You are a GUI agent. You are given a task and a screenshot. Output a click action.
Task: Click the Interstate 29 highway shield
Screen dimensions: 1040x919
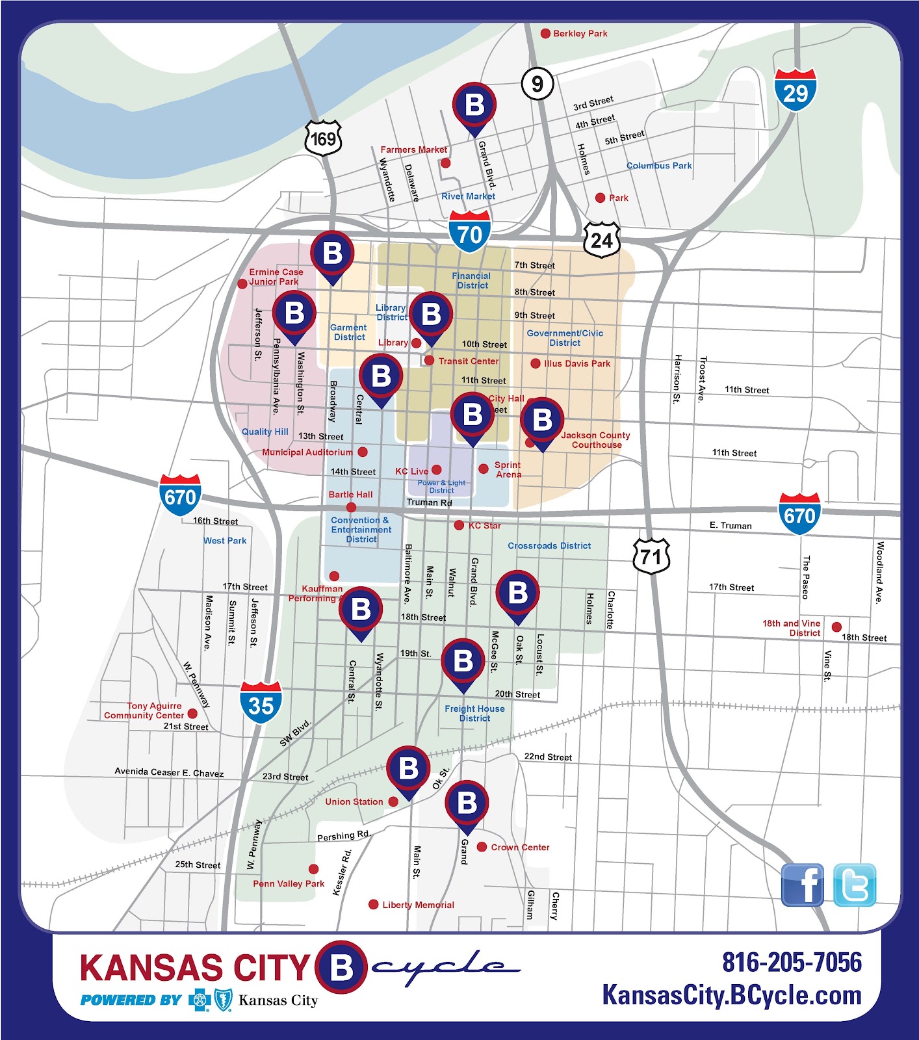point(795,90)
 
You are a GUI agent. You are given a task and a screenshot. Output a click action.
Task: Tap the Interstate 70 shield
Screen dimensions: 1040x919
point(469,232)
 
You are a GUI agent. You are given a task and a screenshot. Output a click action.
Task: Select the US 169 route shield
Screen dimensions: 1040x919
point(323,138)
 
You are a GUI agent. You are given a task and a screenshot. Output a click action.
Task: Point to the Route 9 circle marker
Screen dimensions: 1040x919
point(537,83)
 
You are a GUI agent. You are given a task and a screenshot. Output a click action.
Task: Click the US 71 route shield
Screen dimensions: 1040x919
point(651,556)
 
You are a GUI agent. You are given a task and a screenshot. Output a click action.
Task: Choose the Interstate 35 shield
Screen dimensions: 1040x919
point(261,704)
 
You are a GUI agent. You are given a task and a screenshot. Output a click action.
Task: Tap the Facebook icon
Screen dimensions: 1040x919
point(802,885)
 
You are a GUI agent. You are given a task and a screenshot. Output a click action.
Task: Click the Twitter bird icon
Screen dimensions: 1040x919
point(855,885)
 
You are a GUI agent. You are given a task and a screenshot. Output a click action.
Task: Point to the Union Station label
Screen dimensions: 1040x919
point(354,801)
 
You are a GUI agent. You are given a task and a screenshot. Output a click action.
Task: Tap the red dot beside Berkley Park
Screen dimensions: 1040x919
point(546,33)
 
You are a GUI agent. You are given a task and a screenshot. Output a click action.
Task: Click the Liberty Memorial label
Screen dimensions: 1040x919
point(418,905)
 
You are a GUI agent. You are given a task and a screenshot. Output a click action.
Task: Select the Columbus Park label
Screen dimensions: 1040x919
point(659,166)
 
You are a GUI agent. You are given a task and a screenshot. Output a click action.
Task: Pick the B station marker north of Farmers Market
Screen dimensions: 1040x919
point(475,106)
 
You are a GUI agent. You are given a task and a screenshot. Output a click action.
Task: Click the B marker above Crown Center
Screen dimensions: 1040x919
point(467,803)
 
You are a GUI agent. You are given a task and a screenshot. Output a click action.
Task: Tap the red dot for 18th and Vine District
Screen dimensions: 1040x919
point(836,627)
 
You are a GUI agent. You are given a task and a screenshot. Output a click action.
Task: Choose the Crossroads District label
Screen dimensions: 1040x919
point(549,546)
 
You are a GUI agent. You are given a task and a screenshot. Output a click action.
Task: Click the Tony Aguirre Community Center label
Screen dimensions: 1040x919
point(144,710)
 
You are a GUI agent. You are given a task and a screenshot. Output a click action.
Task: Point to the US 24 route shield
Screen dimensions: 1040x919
point(601,240)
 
